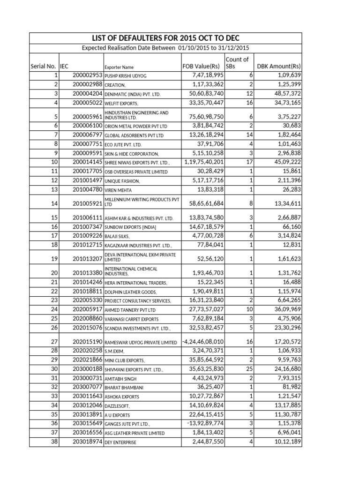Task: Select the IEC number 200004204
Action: pos(88,94)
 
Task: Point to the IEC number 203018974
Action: pos(88,441)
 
